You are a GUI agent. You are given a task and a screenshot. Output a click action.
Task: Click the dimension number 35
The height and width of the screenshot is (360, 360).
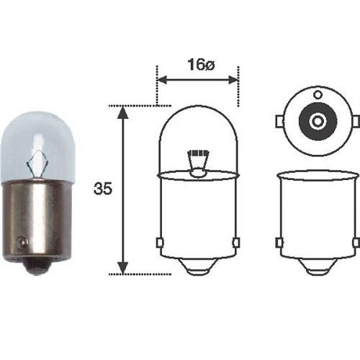103,190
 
